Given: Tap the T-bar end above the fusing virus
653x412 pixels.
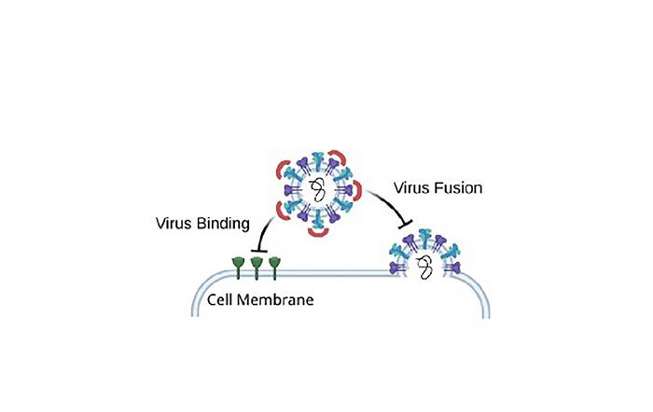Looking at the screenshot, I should click(405, 224).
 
